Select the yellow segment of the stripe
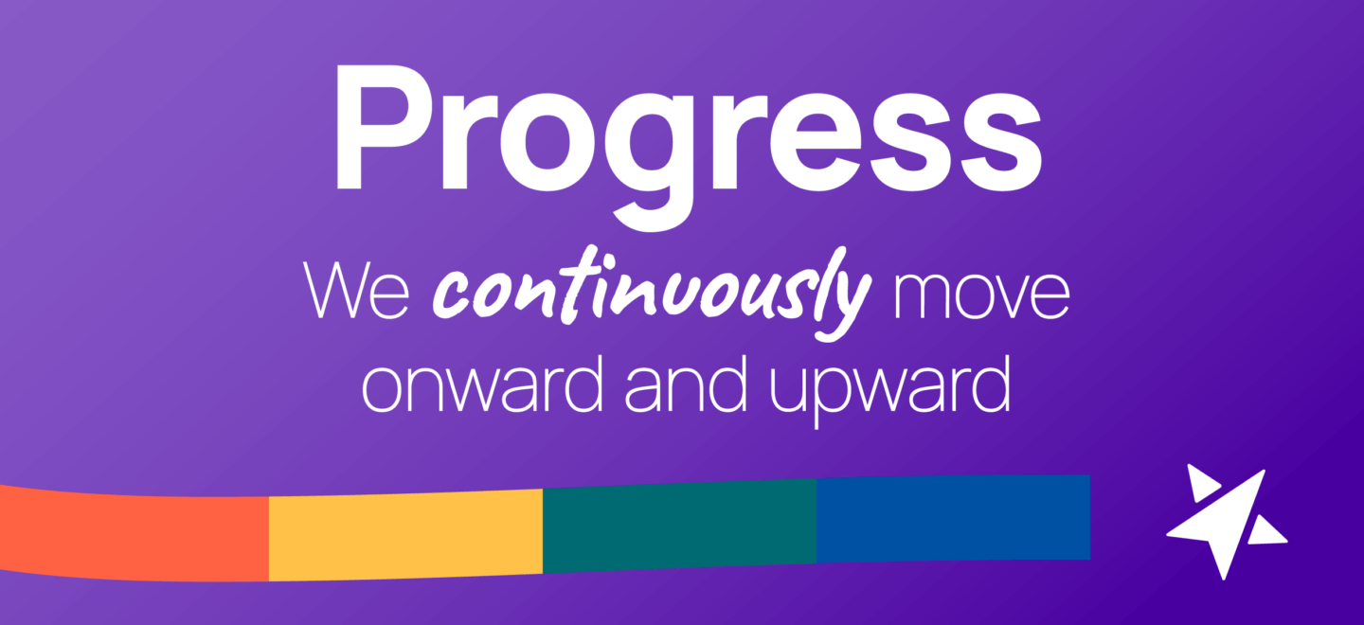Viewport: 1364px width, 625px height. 405,532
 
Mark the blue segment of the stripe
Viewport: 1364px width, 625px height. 953,518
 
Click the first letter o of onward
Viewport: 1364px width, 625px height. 386,388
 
